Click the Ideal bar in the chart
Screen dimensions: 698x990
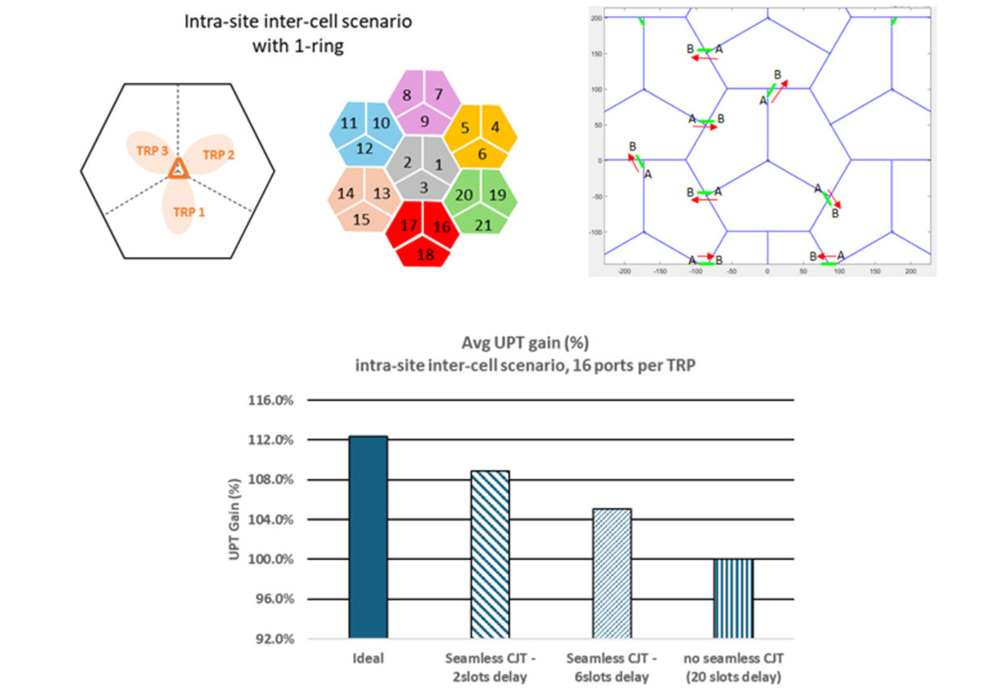click(369, 537)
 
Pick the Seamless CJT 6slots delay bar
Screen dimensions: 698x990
click(612, 574)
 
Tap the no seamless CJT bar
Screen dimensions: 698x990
click(733, 598)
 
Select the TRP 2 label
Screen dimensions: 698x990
click(218, 153)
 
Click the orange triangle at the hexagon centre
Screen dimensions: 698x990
click(178, 169)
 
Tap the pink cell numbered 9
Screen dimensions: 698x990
click(424, 122)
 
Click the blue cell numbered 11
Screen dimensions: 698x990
click(348, 124)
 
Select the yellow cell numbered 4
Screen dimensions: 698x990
click(495, 127)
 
